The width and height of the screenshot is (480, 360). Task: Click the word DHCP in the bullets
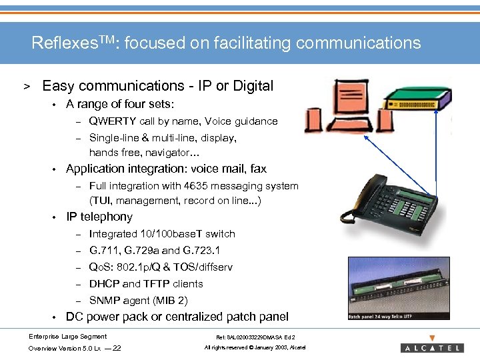[x=104, y=284]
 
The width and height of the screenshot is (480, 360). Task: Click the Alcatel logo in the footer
[x=432, y=347]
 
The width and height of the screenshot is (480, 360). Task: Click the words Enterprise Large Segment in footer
[x=67, y=337]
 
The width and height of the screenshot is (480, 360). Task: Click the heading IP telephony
[x=99, y=217]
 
